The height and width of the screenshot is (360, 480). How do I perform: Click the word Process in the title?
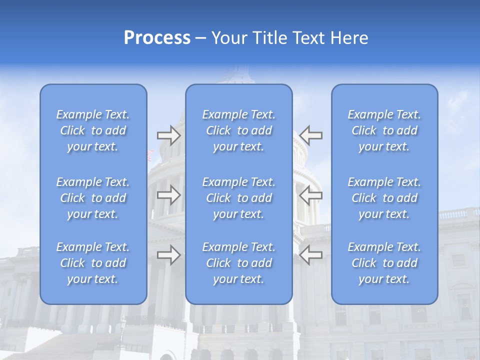(x=157, y=38)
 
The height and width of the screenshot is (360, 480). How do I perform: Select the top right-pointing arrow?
(x=168, y=135)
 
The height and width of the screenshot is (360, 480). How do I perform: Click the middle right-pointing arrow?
(x=168, y=195)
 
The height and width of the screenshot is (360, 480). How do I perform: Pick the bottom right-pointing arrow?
(x=168, y=255)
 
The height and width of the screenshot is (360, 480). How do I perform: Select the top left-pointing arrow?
(x=311, y=135)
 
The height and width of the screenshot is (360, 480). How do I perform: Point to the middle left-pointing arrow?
(x=311, y=195)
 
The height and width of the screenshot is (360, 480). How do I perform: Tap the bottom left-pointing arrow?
(x=311, y=255)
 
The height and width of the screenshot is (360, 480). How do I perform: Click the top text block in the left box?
(x=93, y=130)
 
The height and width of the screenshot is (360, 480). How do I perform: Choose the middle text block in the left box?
(x=93, y=198)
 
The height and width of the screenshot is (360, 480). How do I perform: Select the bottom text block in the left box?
(x=93, y=263)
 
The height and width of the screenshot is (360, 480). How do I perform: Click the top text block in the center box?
(x=239, y=130)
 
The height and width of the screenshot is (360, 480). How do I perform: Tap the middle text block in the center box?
(x=239, y=198)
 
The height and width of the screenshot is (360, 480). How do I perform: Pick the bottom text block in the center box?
(x=239, y=263)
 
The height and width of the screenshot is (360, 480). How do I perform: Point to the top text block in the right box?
(x=384, y=130)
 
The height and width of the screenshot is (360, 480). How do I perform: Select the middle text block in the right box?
(x=384, y=198)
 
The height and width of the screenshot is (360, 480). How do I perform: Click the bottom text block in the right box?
(x=384, y=263)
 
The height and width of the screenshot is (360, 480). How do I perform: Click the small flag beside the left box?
(x=150, y=155)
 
